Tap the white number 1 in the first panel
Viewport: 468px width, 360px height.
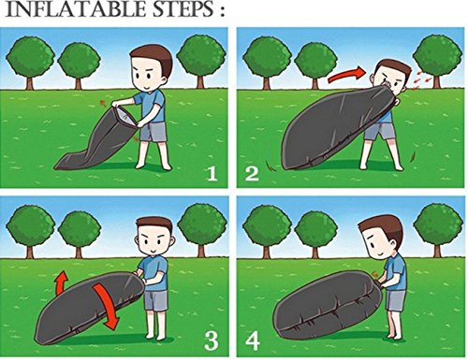(212, 173)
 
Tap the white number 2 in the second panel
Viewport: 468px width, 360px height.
(252, 173)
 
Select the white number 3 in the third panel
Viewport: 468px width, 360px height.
(211, 340)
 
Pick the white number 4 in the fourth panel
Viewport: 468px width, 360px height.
(253, 340)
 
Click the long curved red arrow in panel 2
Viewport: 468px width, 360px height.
(346, 76)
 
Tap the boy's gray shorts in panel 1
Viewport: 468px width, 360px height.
(153, 132)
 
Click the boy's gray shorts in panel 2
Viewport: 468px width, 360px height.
(380, 131)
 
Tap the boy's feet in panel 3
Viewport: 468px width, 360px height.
(156, 336)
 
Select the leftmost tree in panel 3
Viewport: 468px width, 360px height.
(30, 231)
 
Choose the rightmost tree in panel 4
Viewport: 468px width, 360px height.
(438, 231)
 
